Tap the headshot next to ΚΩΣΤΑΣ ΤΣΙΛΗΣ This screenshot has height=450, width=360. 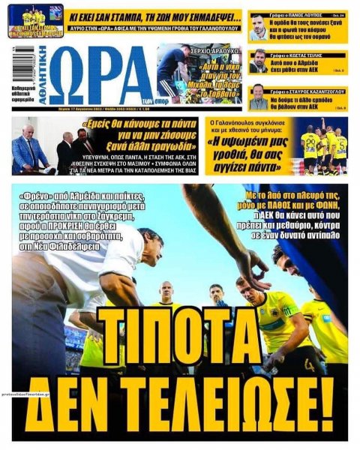tap(259, 61)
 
